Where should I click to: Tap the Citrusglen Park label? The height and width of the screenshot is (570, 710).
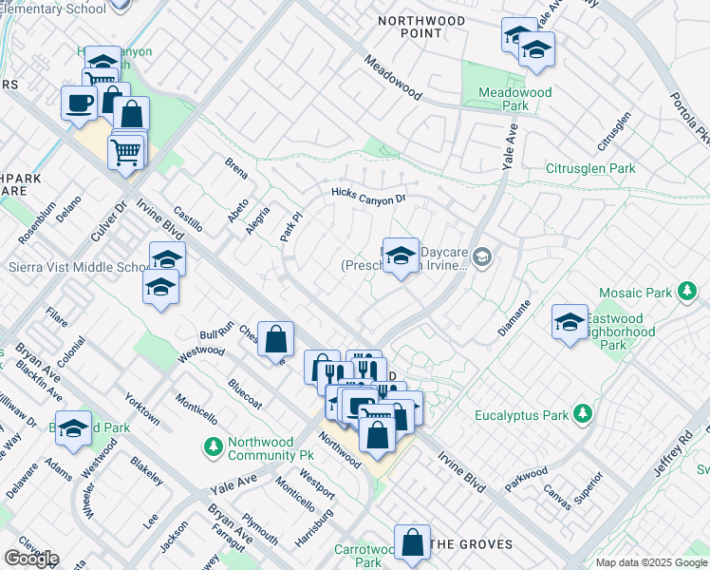click(x=589, y=168)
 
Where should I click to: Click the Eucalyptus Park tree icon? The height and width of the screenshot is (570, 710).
click(x=582, y=415)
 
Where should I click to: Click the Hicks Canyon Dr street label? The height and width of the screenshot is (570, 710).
click(x=368, y=197)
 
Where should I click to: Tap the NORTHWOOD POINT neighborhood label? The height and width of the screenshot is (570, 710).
click(x=421, y=27)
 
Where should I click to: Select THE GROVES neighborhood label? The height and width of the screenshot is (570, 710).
click(x=471, y=545)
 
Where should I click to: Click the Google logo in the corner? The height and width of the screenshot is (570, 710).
click(x=30, y=559)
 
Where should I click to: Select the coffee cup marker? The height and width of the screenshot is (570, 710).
click(x=78, y=103)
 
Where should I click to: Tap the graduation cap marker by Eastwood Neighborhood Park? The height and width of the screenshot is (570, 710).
click(x=570, y=320)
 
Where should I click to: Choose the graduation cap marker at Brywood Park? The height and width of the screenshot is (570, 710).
click(x=73, y=428)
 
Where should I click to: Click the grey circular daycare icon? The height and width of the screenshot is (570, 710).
click(x=483, y=256)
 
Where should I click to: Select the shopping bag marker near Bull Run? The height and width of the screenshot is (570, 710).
click(x=275, y=339)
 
